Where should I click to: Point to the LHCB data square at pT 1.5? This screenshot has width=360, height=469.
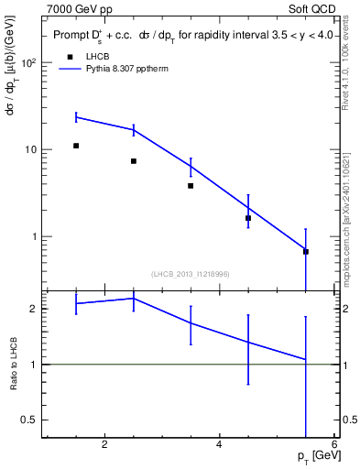point(76,146)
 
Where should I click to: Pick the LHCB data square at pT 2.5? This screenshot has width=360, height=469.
point(134,161)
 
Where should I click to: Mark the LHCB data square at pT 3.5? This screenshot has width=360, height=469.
point(191,186)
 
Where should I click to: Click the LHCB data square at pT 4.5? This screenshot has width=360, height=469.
point(248,218)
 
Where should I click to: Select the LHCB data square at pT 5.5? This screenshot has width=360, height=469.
point(306,251)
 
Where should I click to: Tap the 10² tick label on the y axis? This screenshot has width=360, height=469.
point(27,63)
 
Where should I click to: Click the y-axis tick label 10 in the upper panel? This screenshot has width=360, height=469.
point(29,150)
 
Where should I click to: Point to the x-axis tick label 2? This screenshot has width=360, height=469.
point(104,445)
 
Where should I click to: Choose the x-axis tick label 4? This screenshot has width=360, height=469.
point(219,445)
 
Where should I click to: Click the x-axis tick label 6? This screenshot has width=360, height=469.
point(334,445)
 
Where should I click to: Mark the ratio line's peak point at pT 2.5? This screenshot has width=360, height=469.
point(134,298)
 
